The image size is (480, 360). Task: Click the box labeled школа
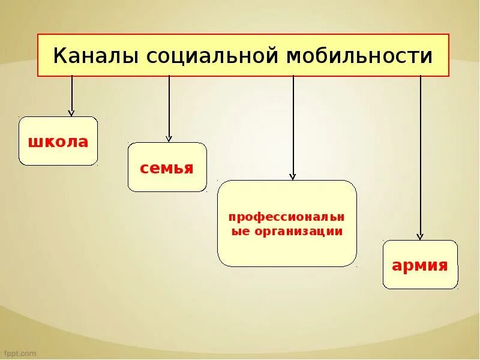click(x=58, y=141)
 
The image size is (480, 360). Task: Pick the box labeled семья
click(x=167, y=167)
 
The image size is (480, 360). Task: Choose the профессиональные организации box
click(x=287, y=223)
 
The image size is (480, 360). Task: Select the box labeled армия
click(x=420, y=265)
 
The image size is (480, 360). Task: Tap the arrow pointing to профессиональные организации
click(x=293, y=126)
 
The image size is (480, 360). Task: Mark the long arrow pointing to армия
click(x=420, y=156)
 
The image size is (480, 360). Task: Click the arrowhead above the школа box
click(x=71, y=112)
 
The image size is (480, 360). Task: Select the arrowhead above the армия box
click(x=420, y=236)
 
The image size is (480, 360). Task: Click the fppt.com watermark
click(x=20, y=353)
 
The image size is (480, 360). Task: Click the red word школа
click(x=58, y=142)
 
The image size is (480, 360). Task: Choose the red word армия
click(x=420, y=266)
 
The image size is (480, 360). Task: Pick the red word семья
click(x=167, y=168)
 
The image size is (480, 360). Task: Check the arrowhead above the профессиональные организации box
click(x=293, y=176)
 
